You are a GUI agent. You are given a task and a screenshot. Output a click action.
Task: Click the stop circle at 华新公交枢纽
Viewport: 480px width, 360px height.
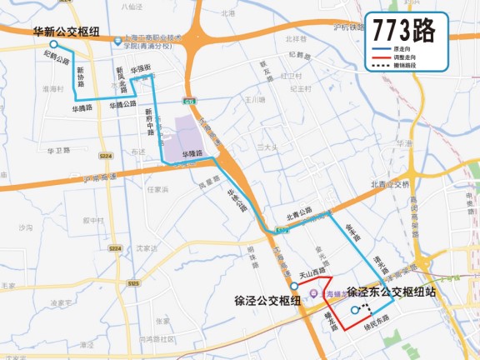click(x=52, y=44)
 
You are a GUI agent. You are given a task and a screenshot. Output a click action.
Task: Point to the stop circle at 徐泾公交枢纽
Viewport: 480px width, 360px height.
click(x=294, y=286)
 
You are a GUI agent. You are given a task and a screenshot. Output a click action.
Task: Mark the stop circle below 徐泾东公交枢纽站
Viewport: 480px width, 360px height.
click(x=355, y=310)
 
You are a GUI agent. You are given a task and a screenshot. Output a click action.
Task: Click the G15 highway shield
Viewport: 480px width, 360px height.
click(x=190, y=101)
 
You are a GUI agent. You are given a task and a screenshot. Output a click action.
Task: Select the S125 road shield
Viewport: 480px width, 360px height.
click(x=133, y=283)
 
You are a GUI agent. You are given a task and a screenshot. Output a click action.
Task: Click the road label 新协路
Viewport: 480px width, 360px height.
click(x=81, y=77)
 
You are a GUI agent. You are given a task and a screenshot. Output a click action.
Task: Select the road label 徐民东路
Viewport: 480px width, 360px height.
click(x=377, y=320)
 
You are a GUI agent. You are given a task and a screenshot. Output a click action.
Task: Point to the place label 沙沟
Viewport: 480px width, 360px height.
click(x=25, y=226)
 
